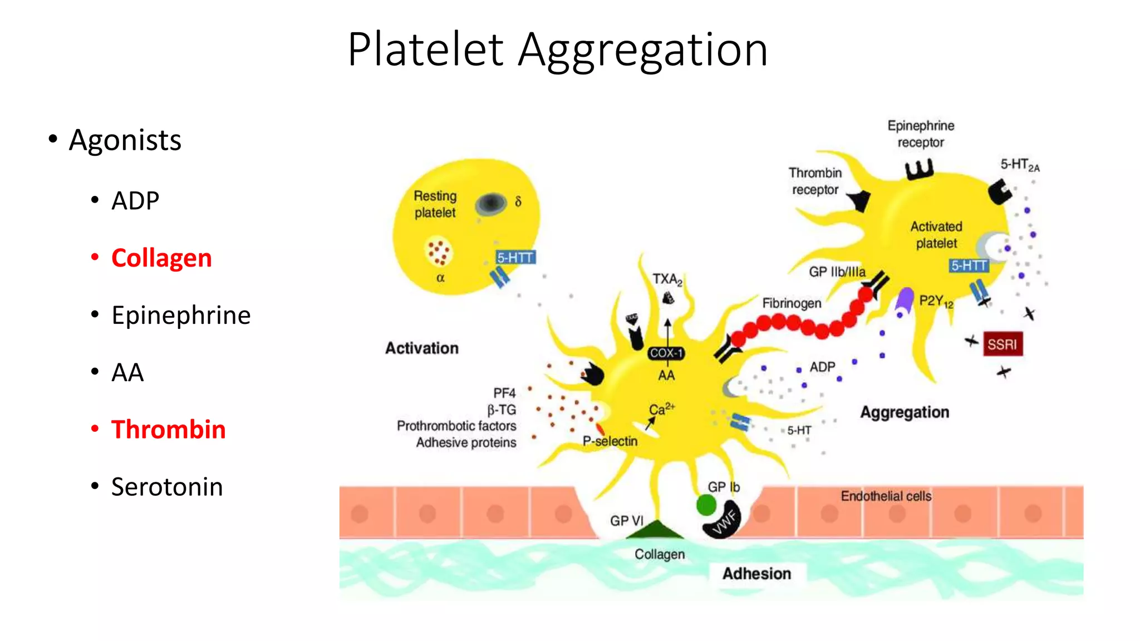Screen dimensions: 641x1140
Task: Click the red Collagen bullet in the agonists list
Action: [161, 258]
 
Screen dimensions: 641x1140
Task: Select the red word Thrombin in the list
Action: [168, 430]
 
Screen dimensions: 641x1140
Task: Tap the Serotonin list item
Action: [167, 487]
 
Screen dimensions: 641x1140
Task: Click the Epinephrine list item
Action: [181, 315]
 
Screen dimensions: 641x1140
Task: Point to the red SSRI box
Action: [1002, 344]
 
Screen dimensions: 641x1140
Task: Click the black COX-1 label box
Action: [666, 353]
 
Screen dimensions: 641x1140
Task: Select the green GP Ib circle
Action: [706, 505]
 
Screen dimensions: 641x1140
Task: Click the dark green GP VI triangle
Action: [655, 530]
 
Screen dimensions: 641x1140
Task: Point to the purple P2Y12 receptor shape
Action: [905, 299]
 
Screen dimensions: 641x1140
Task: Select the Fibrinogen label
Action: [792, 303]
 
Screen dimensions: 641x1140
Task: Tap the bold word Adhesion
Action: [756, 574]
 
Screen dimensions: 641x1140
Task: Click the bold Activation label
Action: [422, 348]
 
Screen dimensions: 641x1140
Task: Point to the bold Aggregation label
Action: [905, 412]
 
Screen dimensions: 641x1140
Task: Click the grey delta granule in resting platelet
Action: [491, 204]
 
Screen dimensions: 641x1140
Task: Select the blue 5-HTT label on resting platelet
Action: [515, 258]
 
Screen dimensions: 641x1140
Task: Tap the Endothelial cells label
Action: [886, 496]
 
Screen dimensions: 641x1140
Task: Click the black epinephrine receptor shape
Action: [919, 169]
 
